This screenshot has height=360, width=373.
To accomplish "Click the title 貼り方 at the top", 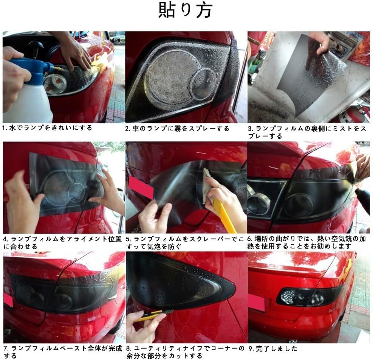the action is [185, 10].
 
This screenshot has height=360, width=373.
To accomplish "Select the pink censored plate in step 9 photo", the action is [257, 303].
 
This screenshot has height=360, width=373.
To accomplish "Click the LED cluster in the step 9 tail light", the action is [289, 297].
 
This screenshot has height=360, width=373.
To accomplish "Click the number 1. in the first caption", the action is [5, 128].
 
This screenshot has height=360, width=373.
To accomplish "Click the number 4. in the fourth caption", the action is [6, 239].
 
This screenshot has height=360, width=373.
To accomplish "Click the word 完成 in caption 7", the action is [115, 348].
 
